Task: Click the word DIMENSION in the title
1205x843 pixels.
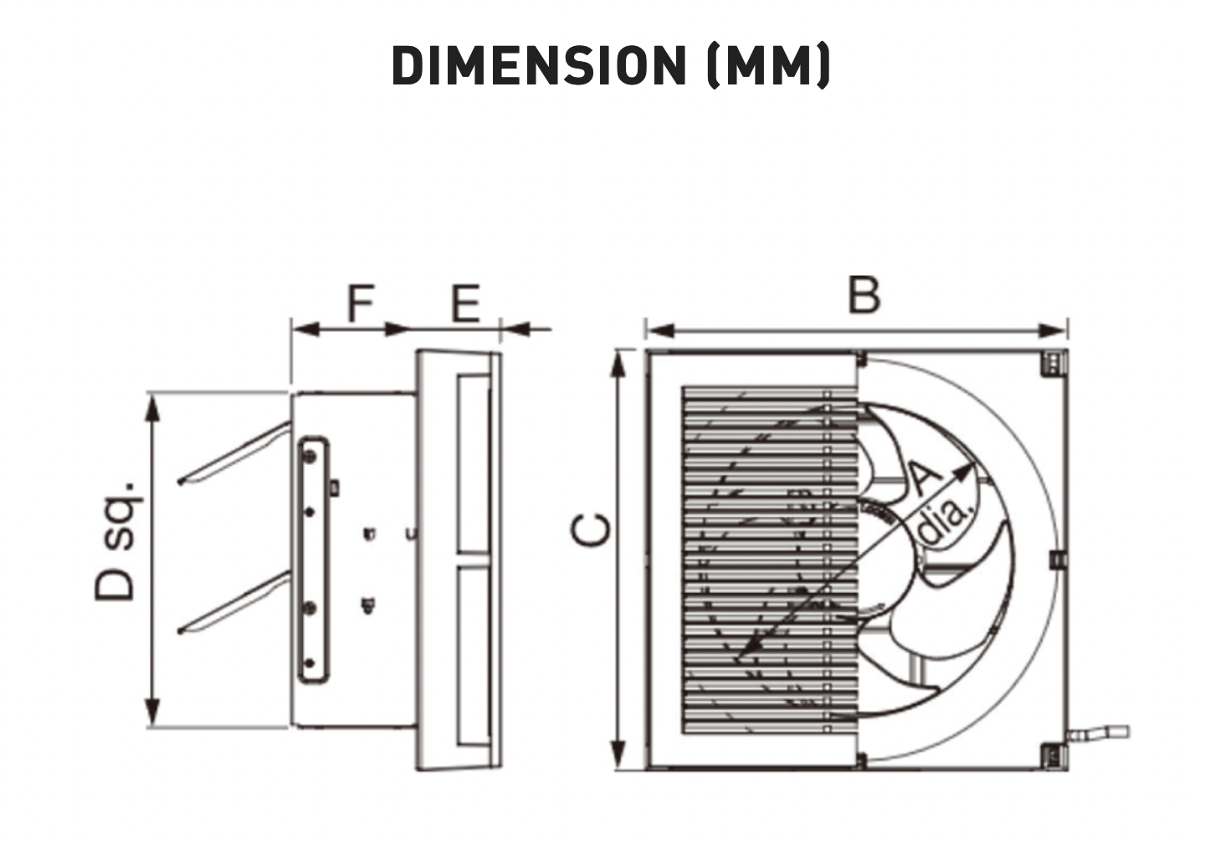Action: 539,65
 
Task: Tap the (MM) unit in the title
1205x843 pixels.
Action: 769,65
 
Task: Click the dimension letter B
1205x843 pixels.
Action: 864,294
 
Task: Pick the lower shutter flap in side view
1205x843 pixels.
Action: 235,603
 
